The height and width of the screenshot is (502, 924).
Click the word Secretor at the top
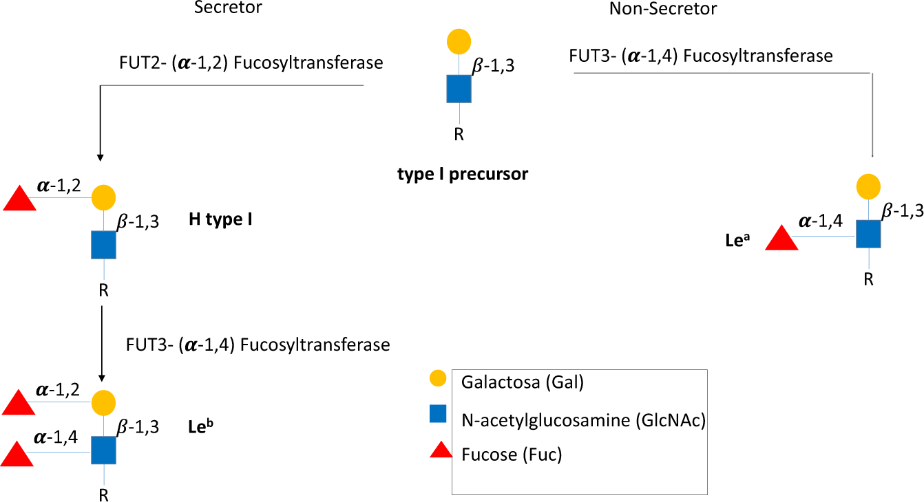[228, 8]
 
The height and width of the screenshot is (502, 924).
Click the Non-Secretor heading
[663, 9]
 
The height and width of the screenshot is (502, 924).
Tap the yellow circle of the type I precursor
[459, 41]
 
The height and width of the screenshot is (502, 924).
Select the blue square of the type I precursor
[459, 89]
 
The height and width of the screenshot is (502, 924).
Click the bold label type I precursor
[463, 174]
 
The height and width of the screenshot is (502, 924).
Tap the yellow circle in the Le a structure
[868, 186]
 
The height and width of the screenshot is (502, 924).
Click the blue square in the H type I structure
[103, 245]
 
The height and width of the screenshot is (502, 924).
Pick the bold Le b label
[200, 426]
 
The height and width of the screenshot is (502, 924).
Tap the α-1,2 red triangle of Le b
[19, 403]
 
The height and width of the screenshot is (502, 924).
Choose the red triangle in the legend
[440, 450]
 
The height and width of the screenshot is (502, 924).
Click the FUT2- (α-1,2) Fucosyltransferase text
[251, 63]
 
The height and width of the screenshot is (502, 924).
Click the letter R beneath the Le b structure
[103, 494]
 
